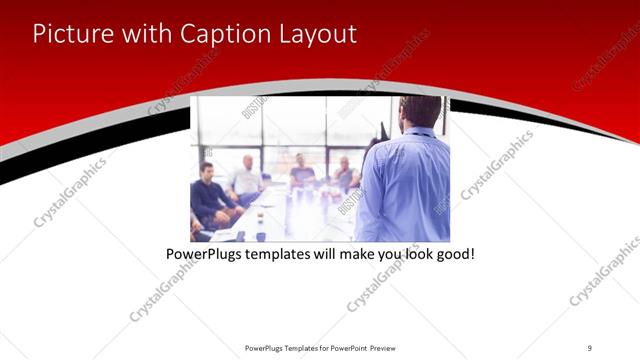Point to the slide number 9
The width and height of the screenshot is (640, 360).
(590, 347)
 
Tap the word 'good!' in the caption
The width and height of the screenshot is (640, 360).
(452, 255)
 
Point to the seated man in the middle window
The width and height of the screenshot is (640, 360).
(301, 172)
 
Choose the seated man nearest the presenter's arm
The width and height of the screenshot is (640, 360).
(345, 175)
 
